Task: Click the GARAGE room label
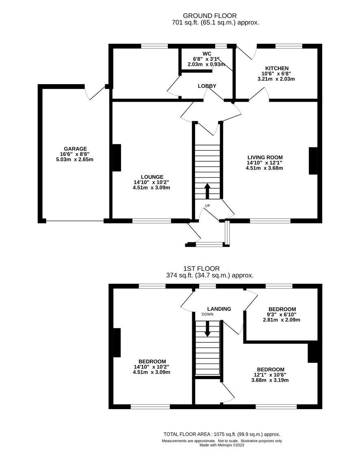pos(76,149)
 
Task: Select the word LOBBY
pos(207,86)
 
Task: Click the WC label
pos(207,54)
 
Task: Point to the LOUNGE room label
pos(151,177)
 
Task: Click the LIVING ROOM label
pos(265,157)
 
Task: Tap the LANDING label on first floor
pos(219,309)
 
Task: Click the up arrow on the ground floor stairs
pos(207,191)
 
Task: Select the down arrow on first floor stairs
pos(207,329)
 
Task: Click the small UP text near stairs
pos(207,206)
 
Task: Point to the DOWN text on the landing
pos(207,314)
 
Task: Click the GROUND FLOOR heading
pos(210,16)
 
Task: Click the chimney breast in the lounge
pos(117,158)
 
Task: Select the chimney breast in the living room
pos(313,161)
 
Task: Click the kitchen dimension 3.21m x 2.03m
pos(276,79)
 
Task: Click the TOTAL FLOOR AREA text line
pos(222,434)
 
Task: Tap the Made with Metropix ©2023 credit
pos(222,445)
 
